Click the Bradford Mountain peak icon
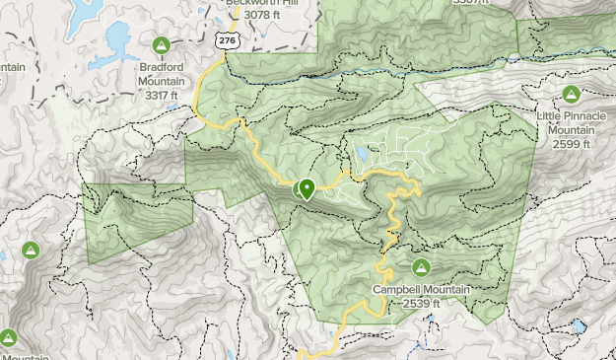[x=162, y=44]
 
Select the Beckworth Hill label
[x=261, y=3]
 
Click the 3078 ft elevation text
[x=261, y=15]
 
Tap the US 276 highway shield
[x=228, y=39]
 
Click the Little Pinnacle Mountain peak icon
[x=570, y=95]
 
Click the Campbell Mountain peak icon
[x=422, y=267]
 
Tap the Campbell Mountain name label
[x=422, y=290]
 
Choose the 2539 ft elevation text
[x=422, y=304]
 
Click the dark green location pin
[x=307, y=187]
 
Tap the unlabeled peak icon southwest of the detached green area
[x=31, y=251]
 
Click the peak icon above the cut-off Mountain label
[x=9, y=338]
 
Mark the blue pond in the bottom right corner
[x=579, y=324]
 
